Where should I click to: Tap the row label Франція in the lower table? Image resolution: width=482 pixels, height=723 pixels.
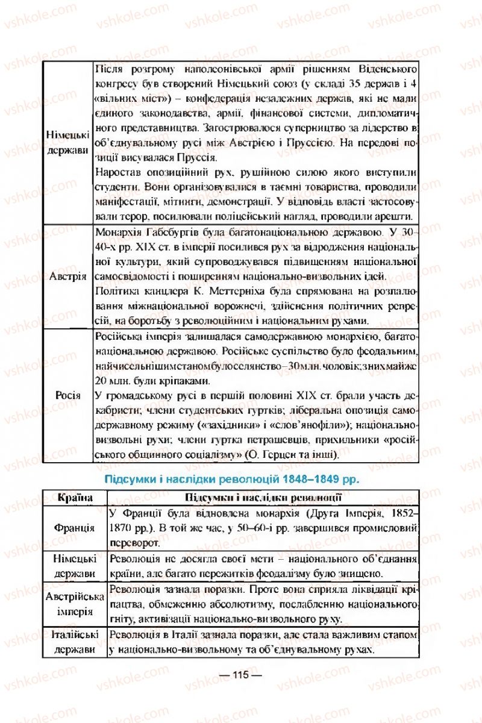click(74, 527)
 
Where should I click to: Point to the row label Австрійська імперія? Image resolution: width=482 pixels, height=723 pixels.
click(74, 603)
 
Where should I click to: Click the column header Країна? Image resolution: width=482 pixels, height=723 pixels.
click(74, 497)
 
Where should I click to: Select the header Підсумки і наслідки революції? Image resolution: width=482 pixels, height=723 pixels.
click(262, 497)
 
